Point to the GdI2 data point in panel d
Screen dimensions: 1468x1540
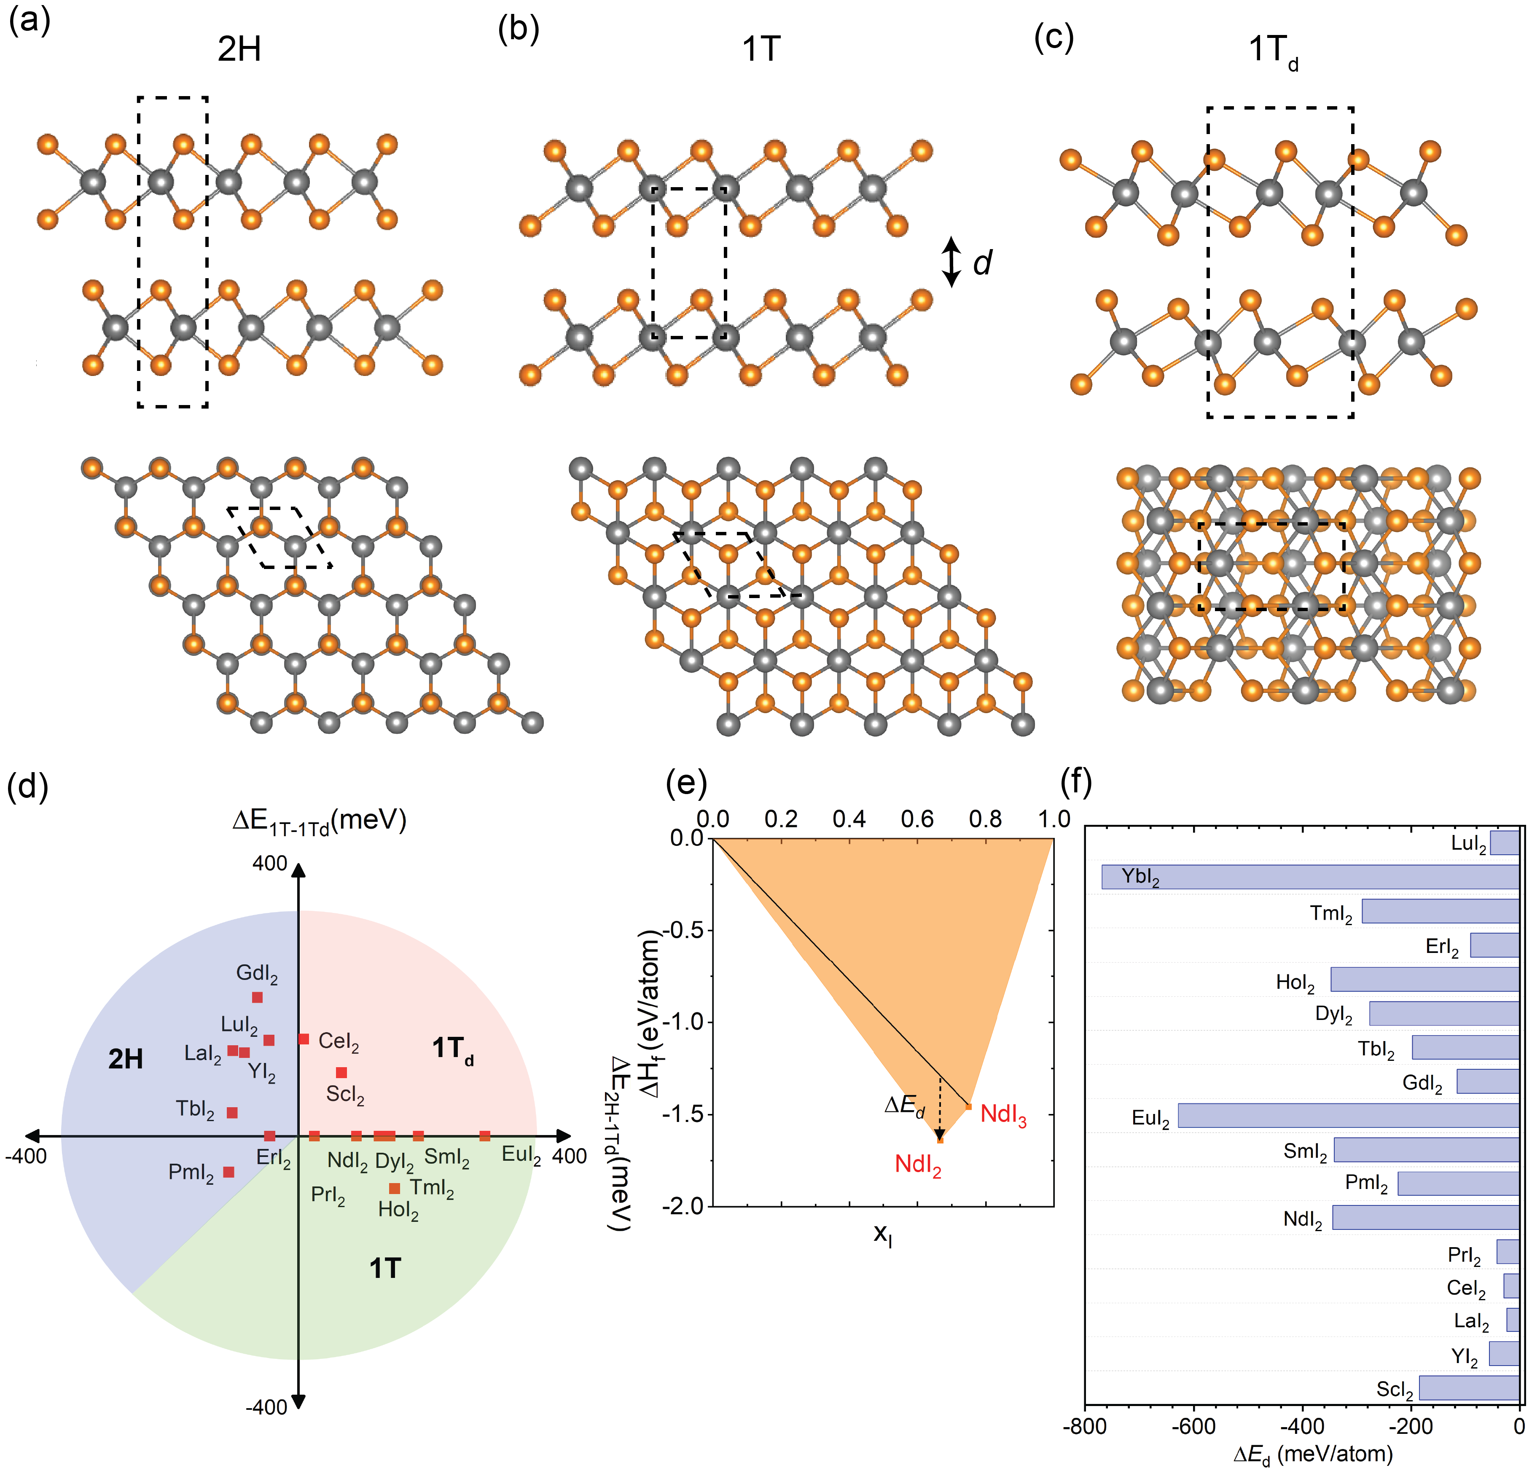[258, 997]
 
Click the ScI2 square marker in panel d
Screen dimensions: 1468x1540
[341, 1072]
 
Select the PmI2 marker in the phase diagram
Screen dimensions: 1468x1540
[228, 1171]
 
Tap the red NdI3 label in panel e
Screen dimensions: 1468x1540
[1003, 1115]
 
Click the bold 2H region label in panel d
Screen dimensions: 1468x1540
[125, 1059]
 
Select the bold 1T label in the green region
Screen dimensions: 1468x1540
[385, 1269]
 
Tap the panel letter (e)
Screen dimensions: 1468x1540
[685, 781]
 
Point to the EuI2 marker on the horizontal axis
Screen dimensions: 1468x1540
[484, 1135]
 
